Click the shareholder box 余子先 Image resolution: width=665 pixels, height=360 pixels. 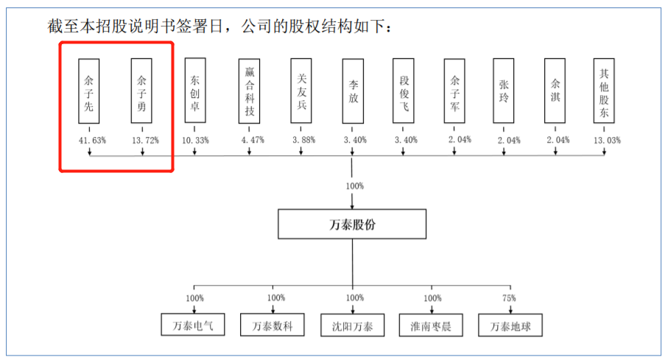(89, 91)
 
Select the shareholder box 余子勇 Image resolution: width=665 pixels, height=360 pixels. (141, 91)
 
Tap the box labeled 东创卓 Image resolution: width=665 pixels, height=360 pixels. (194, 91)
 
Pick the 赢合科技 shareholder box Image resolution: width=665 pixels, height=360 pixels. (249, 91)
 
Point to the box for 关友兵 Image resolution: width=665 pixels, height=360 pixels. (300, 91)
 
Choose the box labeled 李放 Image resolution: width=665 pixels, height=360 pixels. (353, 91)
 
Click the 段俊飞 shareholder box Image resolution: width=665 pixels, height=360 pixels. (404, 91)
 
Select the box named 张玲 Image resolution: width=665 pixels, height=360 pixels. (504, 91)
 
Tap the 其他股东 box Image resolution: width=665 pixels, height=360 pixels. (604, 91)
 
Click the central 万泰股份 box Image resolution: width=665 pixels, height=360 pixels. (353, 225)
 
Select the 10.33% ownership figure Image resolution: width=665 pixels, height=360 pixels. (194, 140)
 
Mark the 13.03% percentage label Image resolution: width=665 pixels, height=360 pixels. (605, 140)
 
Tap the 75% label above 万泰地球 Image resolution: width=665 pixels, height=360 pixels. (509, 299)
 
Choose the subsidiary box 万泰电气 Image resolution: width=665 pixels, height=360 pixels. (192, 325)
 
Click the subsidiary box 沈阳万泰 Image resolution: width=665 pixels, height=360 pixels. (353, 325)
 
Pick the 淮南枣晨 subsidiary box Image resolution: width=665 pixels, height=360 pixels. (432, 325)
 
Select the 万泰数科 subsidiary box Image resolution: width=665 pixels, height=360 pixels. (272, 325)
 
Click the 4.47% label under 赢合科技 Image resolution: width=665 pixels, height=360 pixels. (249, 140)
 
